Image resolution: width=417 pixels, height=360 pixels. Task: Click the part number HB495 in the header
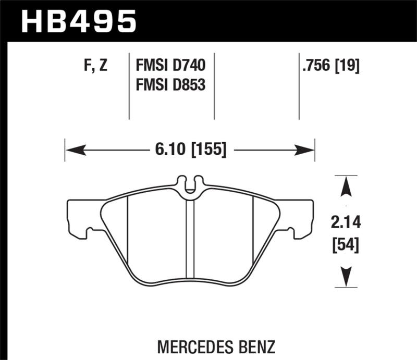click(x=78, y=21)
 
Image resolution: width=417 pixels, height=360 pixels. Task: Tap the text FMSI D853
click(x=170, y=83)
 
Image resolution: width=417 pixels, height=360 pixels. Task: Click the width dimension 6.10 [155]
click(x=190, y=150)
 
